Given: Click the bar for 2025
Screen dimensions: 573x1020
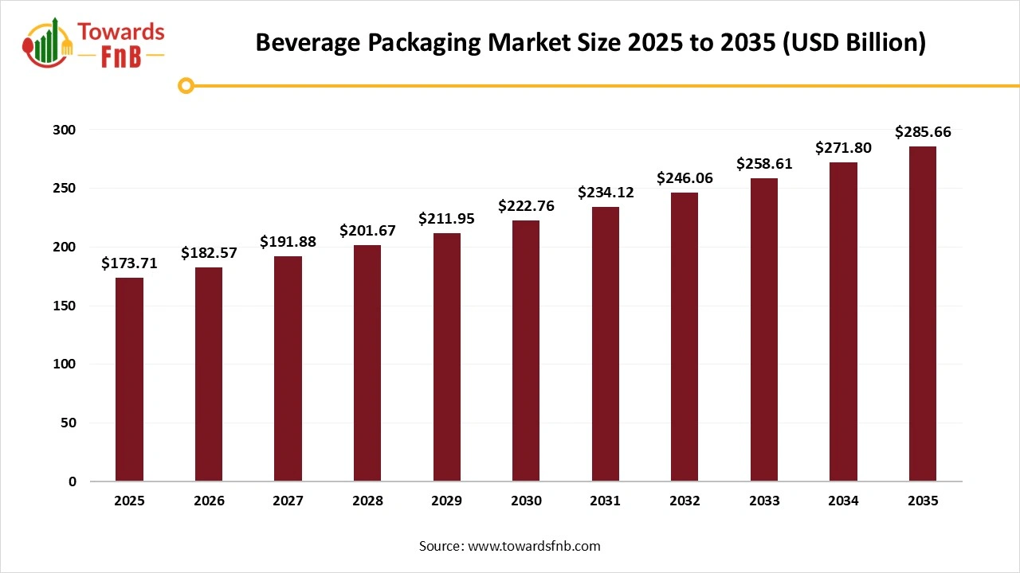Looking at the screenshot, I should [x=129, y=380].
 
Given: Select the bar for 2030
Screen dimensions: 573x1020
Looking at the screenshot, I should [x=526, y=351].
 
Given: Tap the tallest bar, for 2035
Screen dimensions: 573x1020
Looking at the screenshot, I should [x=922, y=314].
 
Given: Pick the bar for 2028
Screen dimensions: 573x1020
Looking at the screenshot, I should [x=367, y=364].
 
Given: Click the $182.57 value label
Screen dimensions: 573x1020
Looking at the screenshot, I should [x=209, y=253].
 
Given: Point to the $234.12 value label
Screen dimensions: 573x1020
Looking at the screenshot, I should [x=605, y=192].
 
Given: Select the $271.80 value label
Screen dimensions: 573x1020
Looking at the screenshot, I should [x=843, y=148].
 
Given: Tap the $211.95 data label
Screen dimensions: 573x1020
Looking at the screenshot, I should [x=446, y=219].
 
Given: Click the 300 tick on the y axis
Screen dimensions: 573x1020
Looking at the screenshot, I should [x=66, y=130].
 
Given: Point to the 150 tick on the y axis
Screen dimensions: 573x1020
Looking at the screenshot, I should [x=66, y=306].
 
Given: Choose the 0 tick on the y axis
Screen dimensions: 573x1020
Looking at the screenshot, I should [x=73, y=481].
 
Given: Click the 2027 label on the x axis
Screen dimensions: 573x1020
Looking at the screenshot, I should [x=288, y=501].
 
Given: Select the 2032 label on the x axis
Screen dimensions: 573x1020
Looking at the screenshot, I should [x=685, y=501].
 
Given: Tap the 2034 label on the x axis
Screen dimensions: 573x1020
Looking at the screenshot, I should [x=843, y=501].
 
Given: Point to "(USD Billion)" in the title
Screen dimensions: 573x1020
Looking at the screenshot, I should [x=854, y=43].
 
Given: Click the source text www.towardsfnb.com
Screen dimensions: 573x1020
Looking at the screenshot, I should [x=534, y=547].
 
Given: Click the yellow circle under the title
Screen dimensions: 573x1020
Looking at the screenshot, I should [x=186, y=85].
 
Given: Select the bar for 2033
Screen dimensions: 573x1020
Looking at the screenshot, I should [x=763, y=329].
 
